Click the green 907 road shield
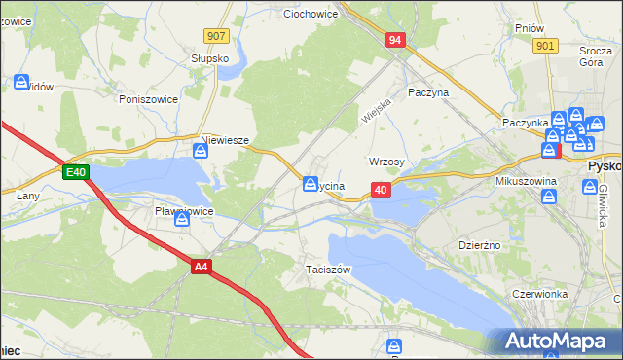[217, 35]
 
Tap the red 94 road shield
[394, 40]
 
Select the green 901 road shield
[545, 45]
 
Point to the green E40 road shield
[77, 172]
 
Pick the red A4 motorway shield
[202, 267]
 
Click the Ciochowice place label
[310, 15]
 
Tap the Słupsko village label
[209, 58]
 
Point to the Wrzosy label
[387, 162]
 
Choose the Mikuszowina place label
[525, 181]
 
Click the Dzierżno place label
[479, 245]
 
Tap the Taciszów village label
[327, 269]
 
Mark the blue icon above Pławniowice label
[182, 222]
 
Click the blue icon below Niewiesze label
[202, 151]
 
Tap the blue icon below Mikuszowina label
[549, 198]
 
